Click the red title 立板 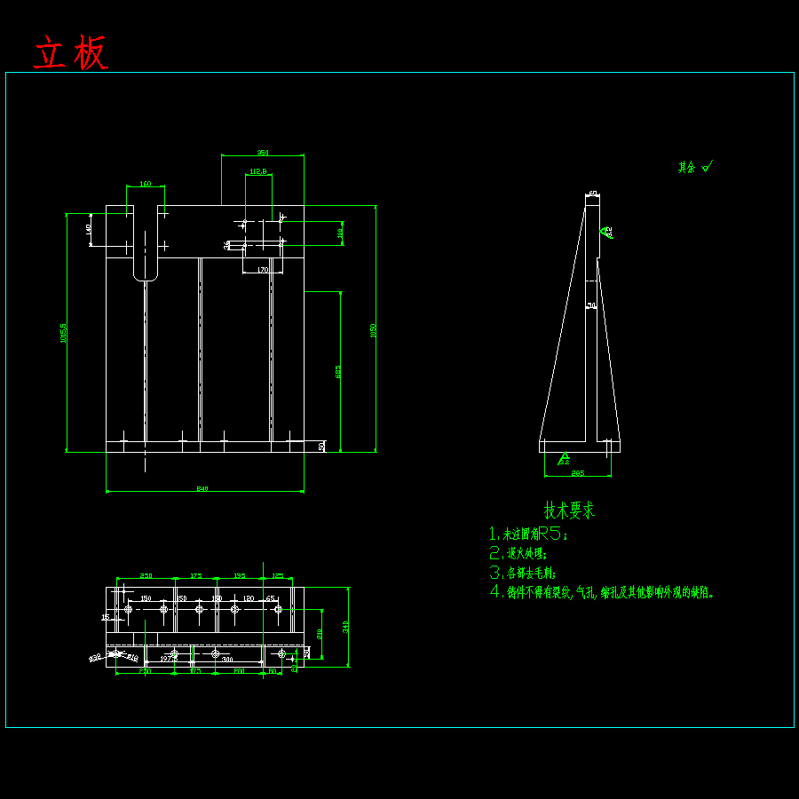[71, 53]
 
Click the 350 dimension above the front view [263, 153]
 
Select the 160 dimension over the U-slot [146, 184]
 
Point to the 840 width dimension [203, 488]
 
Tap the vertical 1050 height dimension [374, 329]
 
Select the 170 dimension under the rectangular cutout [263, 269]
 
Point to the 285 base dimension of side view [577, 473]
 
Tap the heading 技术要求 [569, 510]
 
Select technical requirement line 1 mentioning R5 [529, 534]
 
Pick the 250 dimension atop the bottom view [146, 576]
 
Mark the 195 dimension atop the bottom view [239, 576]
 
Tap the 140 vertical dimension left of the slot [89, 229]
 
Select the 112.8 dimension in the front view [258, 171]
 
